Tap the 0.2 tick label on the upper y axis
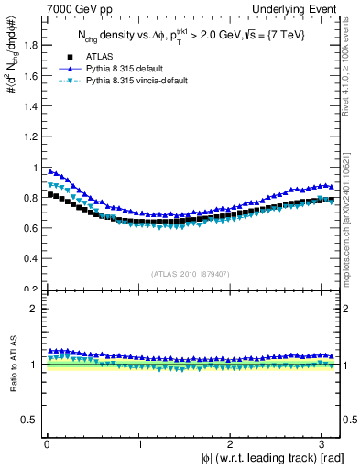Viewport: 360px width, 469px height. (x=27, y=289)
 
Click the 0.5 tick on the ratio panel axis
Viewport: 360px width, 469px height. (x=27, y=420)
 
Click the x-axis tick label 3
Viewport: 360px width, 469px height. (x=324, y=444)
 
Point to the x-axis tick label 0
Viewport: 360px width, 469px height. (x=46, y=444)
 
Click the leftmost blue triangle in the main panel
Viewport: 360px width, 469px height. (x=50, y=170)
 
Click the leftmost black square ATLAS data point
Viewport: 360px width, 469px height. (x=50, y=194)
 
